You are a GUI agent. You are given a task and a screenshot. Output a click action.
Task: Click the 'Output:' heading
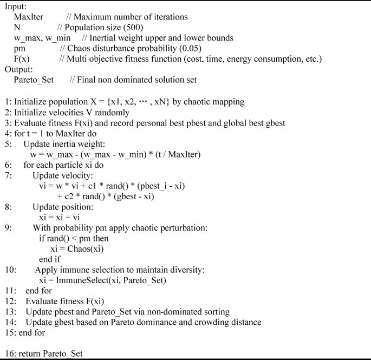coord(19,69)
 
